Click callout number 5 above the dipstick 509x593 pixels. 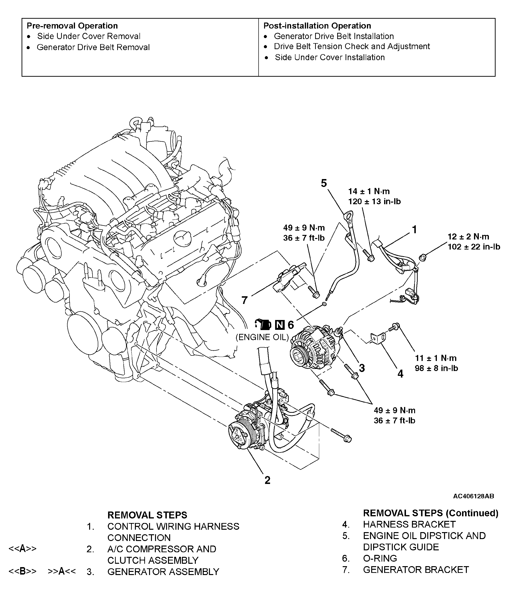coord(324,183)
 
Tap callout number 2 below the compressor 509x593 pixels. coord(267,480)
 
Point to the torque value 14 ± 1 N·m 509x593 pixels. coord(369,191)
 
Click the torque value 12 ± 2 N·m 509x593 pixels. coord(468,236)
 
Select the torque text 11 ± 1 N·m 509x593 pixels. coord(435,358)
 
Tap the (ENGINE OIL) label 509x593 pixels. coord(262,337)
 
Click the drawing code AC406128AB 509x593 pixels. coord(473,496)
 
